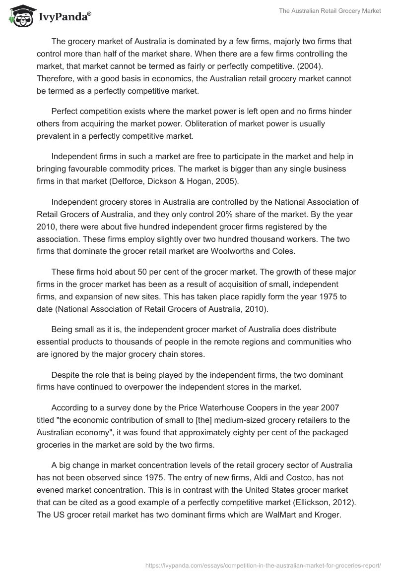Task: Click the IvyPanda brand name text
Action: (65, 17)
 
